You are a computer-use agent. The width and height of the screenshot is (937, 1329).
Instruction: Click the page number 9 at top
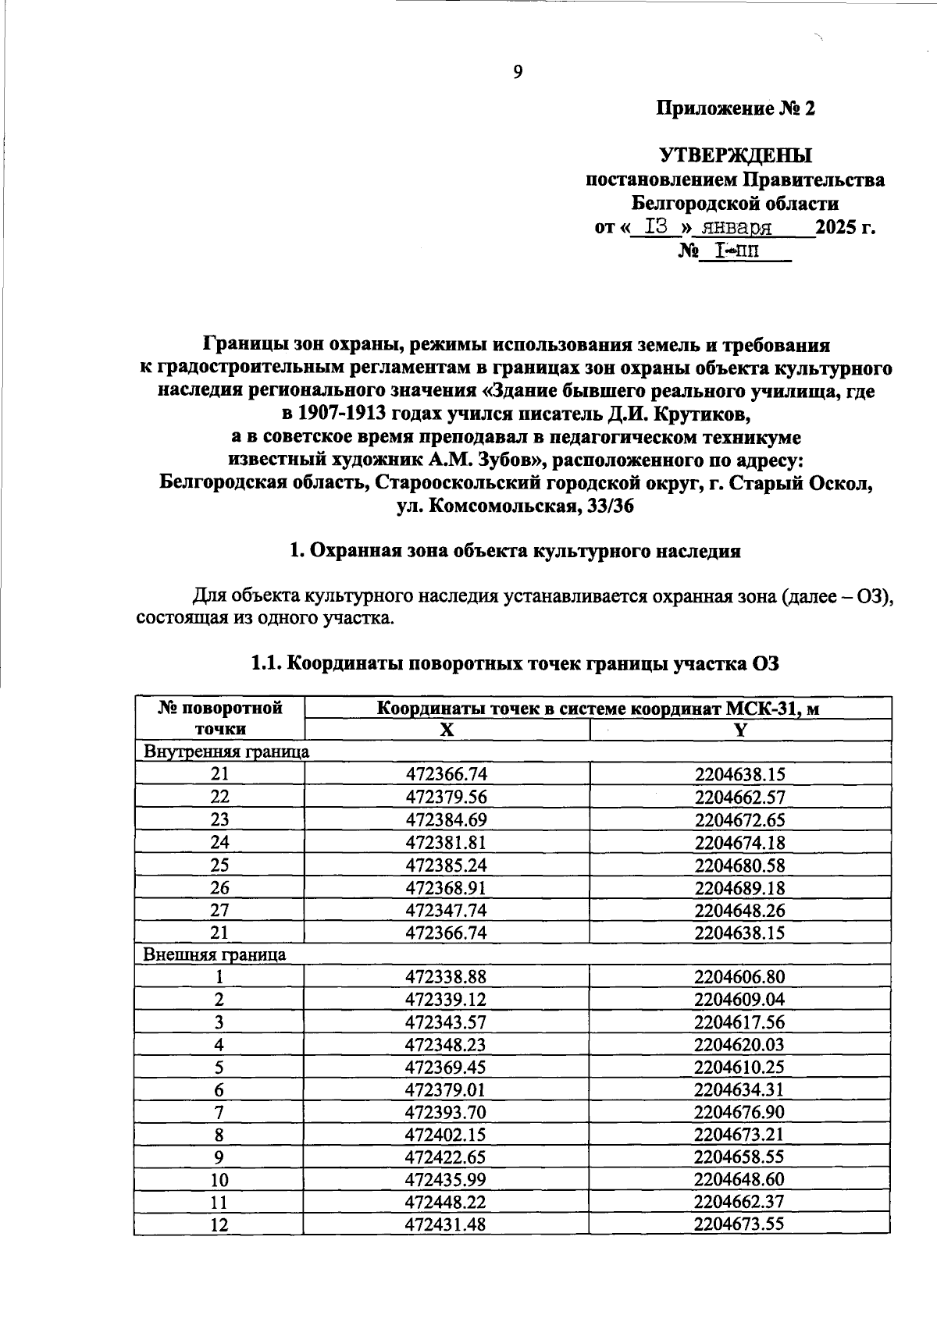pyautogui.click(x=517, y=73)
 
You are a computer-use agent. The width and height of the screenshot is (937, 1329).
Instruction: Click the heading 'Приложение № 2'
pyautogui.click(x=735, y=109)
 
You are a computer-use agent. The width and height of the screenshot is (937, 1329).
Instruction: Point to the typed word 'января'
pyautogui.click(x=736, y=228)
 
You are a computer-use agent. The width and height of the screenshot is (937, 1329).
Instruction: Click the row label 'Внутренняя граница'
pyautogui.click(x=226, y=752)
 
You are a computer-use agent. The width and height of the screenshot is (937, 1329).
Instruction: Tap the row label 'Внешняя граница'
pyautogui.click(x=214, y=954)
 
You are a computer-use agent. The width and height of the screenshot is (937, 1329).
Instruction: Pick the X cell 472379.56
pyautogui.click(x=446, y=798)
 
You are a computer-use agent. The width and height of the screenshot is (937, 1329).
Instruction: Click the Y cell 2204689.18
pyautogui.click(x=739, y=888)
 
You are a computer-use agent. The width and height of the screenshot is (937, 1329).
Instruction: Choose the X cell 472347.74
pyautogui.click(x=446, y=911)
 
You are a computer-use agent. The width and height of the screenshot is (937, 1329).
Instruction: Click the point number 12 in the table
pyautogui.click(x=219, y=1225)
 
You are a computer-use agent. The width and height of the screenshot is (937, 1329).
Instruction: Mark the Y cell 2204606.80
pyautogui.click(x=739, y=977)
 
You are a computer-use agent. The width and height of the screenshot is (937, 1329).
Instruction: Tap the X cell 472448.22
pyautogui.click(x=446, y=1203)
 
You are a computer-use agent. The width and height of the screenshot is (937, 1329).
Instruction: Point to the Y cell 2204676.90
pyautogui.click(x=739, y=1112)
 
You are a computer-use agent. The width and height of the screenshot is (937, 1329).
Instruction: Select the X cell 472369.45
pyautogui.click(x=446, y=1067)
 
